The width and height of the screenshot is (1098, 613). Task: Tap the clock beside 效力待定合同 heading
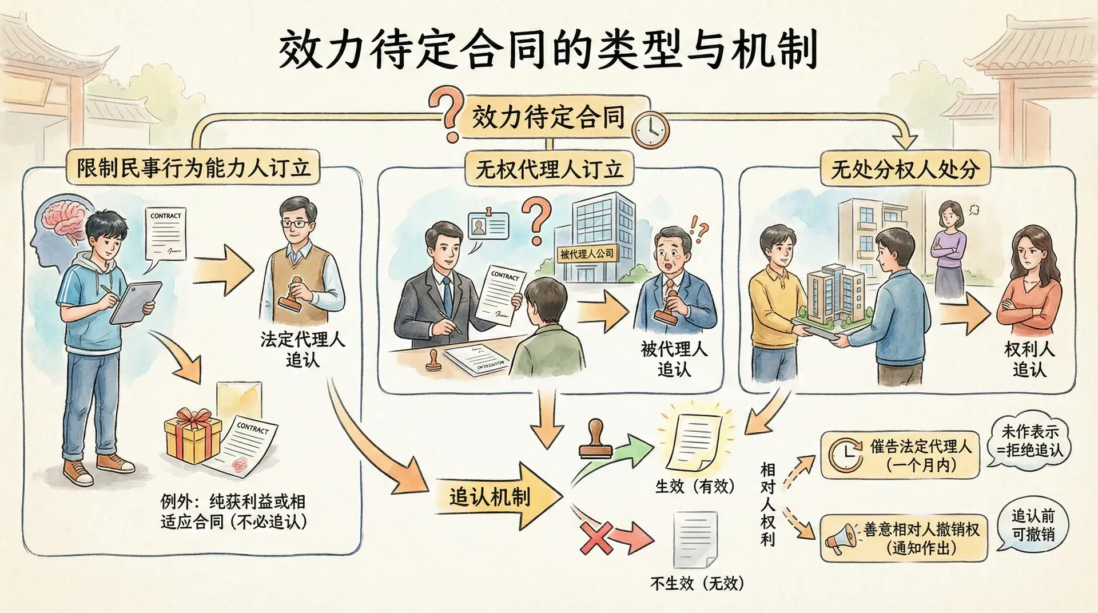coord(650,130)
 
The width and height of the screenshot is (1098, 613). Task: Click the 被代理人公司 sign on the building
coord(587,253)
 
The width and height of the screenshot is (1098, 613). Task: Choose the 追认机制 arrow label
coord(490,496)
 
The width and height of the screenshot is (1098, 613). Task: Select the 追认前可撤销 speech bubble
coord(1033,525)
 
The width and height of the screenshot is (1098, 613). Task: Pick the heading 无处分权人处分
coord(905,169)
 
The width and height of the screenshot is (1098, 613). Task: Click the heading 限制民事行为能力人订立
coord(194,168)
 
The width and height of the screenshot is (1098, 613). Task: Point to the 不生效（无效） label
coord(697,583)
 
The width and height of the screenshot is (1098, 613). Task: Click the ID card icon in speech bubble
coord(488,226)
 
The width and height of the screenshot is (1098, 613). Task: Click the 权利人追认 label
coord(1029,359)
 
